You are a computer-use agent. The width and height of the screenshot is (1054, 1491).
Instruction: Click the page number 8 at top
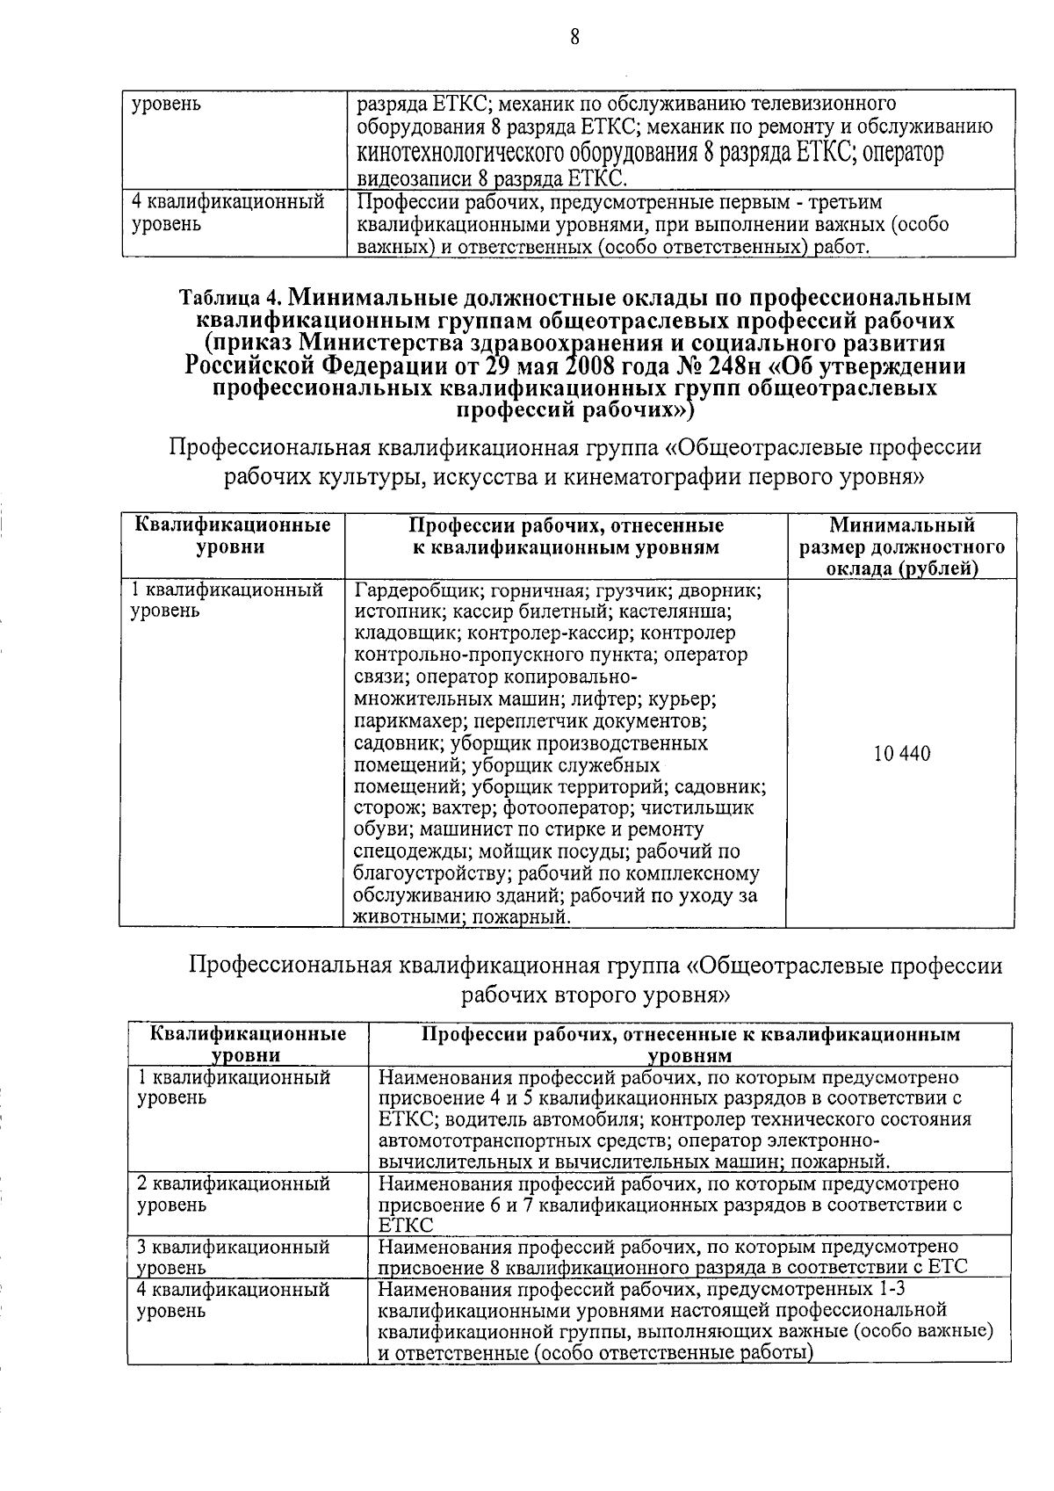coord(574,36)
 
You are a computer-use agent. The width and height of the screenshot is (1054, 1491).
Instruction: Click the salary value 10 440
coord(902,754)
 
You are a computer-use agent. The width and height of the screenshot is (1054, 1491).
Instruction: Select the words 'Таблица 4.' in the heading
coord(229,296)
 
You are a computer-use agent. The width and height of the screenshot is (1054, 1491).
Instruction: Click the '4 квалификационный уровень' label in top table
coord(227,213)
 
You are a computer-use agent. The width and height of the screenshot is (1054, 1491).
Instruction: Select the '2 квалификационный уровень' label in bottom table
coord(234,1193)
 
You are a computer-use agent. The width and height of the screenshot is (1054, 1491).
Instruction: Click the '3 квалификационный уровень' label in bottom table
coord(234,1256)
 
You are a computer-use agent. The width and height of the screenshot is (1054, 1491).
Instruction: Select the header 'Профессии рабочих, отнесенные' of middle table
coord(567,526)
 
